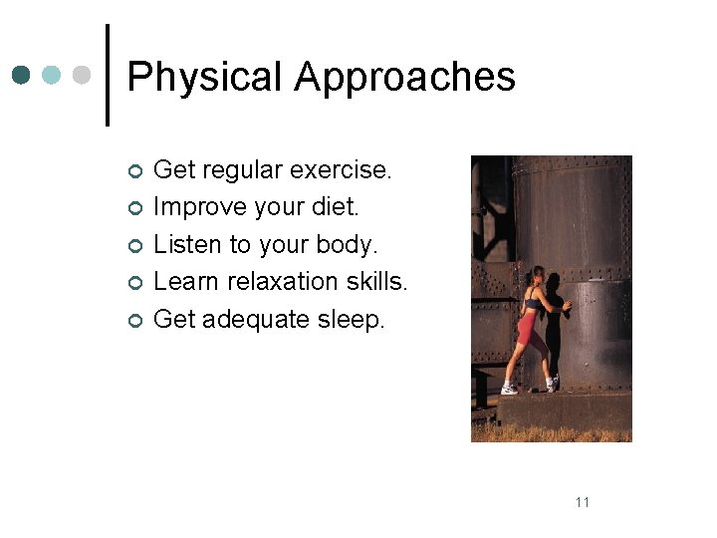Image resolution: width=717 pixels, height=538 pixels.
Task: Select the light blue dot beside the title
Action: (x=53, y=75)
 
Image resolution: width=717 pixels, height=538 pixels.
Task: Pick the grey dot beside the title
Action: (x=84, y=75)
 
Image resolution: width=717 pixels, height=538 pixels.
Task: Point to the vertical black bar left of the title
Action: (x=107, y=75)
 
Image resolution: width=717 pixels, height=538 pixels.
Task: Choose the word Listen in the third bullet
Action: (x=186, y=244)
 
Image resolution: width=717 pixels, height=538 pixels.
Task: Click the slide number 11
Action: (x=583, y=501)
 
